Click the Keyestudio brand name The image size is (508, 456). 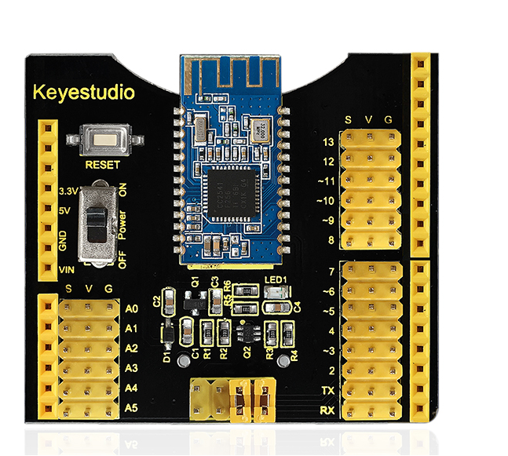pos(84,93)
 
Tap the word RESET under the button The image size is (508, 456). pos(102,165)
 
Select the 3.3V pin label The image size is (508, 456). pos(68,192)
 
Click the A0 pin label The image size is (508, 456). pos(132,308)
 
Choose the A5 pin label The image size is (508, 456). pos(132,407)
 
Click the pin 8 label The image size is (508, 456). pos(331,240)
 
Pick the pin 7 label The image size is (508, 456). pos(331,272)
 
